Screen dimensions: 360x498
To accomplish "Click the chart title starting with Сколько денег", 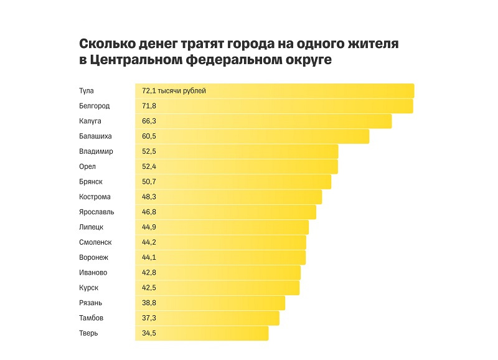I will [240, 52].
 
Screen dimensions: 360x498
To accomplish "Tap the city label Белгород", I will [95, 106].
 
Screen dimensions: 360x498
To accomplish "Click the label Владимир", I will [96, 151].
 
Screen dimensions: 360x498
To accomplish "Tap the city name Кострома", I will [95, 197].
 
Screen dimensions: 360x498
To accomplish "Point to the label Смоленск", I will [96, 242].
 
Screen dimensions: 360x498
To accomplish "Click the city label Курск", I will [89, 288].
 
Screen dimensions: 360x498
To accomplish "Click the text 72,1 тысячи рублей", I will [174, 91].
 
